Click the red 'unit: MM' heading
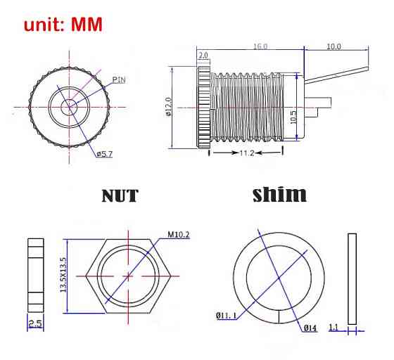[x=63, y=25]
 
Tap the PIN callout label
[x=119, y=80]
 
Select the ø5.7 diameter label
[x=105, y=154]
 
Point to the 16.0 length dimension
[x=260, y=46]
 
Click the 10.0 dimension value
[x=333, y=46]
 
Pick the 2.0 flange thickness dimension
[x=203, y=55]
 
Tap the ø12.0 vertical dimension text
[x=168, y=107]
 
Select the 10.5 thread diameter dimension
[x=293, y=117]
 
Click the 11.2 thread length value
[x=247, y=153]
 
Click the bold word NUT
[x=120, y=195]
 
